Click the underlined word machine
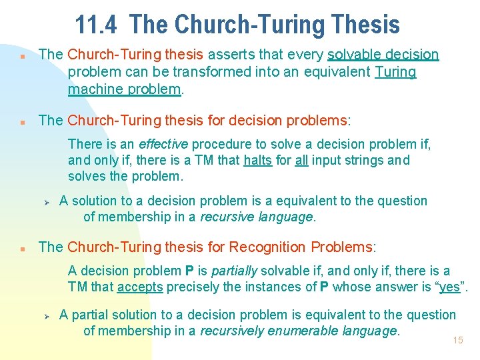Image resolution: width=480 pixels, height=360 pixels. (x=91, y=89)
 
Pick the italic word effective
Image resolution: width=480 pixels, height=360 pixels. (x=163, y=144)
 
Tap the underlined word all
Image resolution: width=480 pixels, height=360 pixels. (x=301, y=161)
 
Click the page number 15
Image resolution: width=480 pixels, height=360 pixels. (x=457, y=340)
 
